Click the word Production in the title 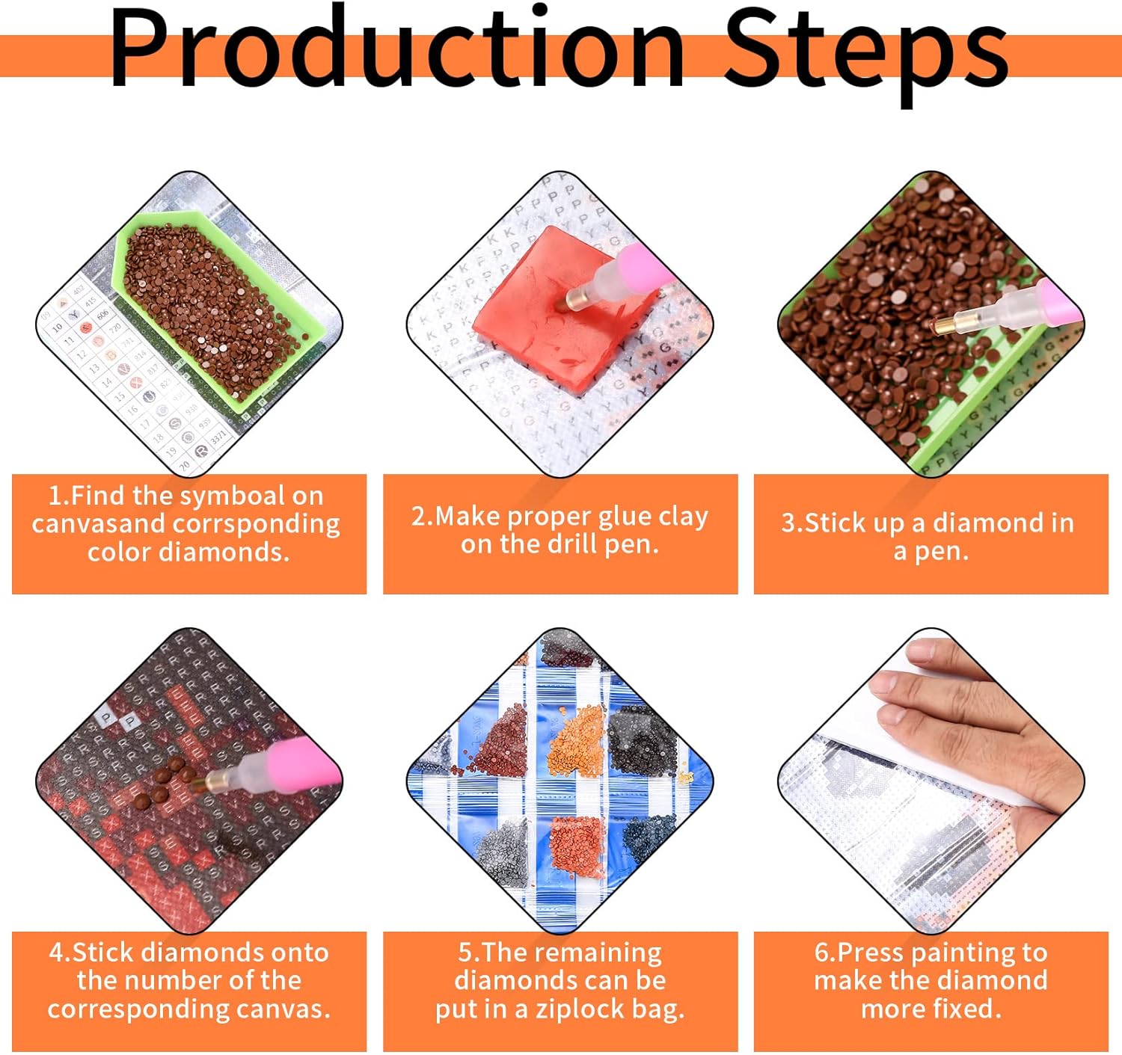[397, 50]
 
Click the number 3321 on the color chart [218, 437]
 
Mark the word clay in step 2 [684, 517]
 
